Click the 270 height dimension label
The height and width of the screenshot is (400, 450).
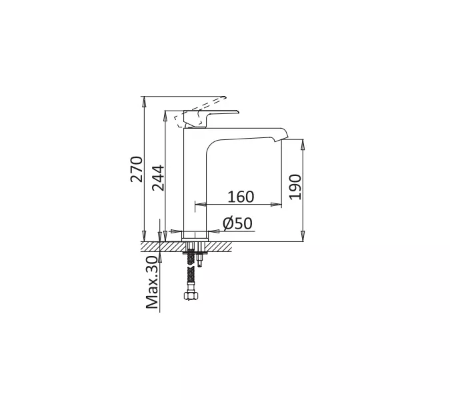[x=136, y=169]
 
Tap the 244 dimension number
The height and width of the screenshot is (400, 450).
[x=158, y=178]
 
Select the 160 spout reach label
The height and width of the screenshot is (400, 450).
[x=241, y=197]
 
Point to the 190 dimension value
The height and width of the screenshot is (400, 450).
[x=295, y=187]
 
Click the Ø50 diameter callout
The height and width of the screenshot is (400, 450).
[x=237, y=223]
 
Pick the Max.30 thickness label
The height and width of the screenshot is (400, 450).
[x=152, y=283]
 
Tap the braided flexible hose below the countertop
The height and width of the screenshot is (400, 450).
[x=191, y=270]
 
